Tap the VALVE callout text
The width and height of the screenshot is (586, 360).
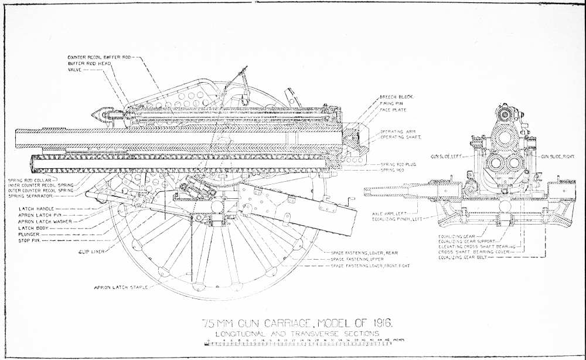(x=75, y=69)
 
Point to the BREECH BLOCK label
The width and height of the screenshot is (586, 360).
(x=397, y=96)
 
